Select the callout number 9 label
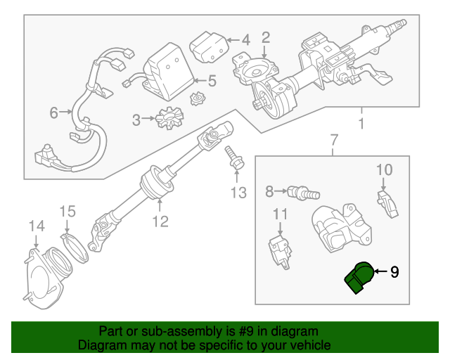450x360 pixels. pyautogui.click(x=394, y=271)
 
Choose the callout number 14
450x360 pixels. pyautogui.click(x=36, y=226)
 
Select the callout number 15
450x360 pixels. pyautogui.click(x=66, y=211)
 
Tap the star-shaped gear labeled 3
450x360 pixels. pyautogui.click(x=169, y=117)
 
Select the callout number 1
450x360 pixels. pyautogui.click(x=361, y=125)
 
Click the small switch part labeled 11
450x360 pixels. pyautogui.click(x=279, y=247)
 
